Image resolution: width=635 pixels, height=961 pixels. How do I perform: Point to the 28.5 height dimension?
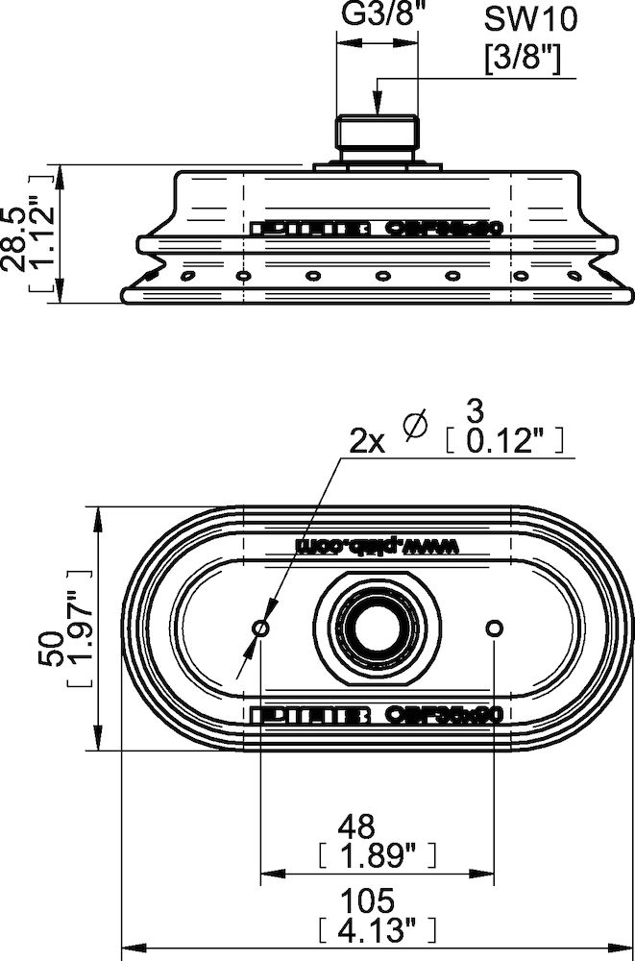tap(19, 234)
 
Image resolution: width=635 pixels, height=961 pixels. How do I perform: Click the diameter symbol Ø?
tap(417, 426)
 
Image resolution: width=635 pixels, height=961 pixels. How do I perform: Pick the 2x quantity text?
tap(366, 441)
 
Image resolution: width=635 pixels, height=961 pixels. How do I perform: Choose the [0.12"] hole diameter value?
tap(503, 440)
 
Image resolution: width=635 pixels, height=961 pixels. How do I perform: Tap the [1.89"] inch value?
tap(376, 852)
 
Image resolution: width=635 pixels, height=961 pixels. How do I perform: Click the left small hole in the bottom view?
tap(260, 628)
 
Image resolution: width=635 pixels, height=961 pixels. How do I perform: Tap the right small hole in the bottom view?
tap(494, 628)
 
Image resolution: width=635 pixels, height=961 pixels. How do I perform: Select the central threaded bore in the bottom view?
tap(377, 628)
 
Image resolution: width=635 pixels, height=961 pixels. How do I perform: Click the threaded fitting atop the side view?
tap(378, 135)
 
